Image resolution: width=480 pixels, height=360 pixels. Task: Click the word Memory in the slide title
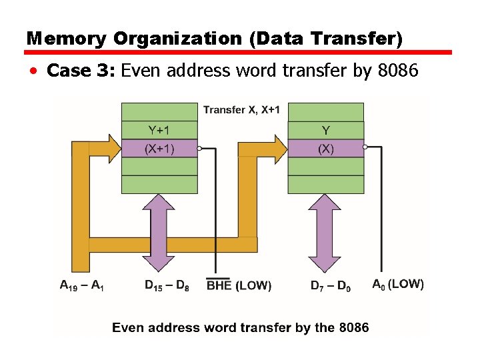66,39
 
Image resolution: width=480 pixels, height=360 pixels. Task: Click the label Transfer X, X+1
242,109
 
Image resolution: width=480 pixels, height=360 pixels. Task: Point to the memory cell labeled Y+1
159,131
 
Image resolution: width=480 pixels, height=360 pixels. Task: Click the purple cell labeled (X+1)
159,149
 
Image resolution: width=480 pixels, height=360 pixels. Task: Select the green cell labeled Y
325,131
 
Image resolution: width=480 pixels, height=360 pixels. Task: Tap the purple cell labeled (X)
325,149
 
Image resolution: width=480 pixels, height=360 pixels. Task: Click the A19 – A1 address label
81,285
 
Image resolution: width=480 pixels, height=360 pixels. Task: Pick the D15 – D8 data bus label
167,285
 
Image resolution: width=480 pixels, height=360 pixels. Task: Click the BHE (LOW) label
239,285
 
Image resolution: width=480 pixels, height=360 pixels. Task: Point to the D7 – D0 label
329,286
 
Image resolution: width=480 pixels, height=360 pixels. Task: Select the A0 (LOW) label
397,284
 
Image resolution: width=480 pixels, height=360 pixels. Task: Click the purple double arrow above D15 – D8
159,233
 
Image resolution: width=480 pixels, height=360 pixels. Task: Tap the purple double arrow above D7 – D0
325,233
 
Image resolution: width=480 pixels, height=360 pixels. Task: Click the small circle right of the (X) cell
365,147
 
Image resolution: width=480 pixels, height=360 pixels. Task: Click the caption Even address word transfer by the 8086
240,327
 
